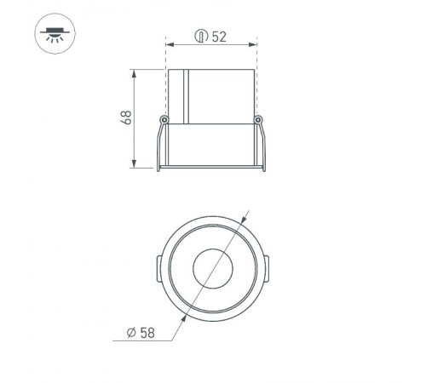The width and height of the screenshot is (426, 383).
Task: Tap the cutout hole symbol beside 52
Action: pyautogui.click(x=201, y=37)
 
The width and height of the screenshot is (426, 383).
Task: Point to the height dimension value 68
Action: pyautogui.click(x=126, y=117)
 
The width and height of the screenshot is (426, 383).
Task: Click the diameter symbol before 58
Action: pyautogui.click(x=132, y=332)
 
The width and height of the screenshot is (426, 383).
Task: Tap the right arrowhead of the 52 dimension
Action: pyautogui.click(x=253, y=44)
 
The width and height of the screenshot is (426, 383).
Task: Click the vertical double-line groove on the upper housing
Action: pyautogui.click(x=186, y=93)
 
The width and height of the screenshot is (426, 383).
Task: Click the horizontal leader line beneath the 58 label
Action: pyautogui.click(x=145, y=341)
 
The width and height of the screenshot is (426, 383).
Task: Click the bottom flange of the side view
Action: pyautogui.click(x=210, y=166)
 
